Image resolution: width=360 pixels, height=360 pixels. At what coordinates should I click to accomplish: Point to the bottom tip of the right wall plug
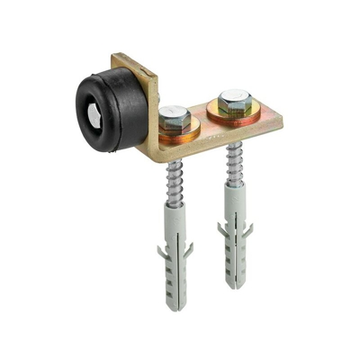[x=235, y=286]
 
